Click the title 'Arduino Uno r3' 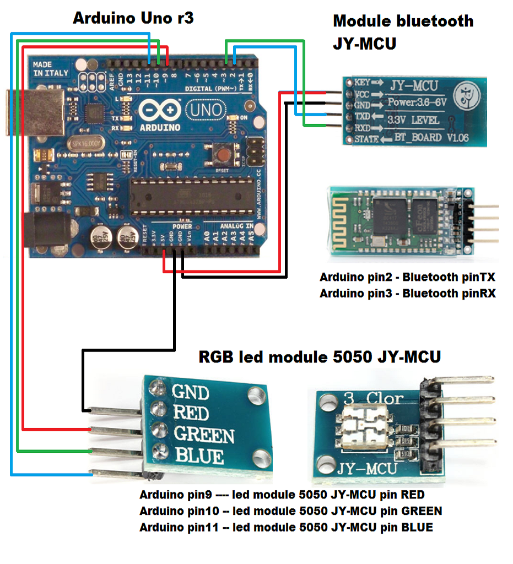coord(133,18)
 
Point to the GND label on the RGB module coord(191,392)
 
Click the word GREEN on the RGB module coord(204,435)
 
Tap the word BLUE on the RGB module coord(199,456)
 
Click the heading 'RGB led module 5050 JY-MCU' coord(320,357)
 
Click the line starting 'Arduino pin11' coord(286,527)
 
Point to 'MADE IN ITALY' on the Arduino coord(51,69)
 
